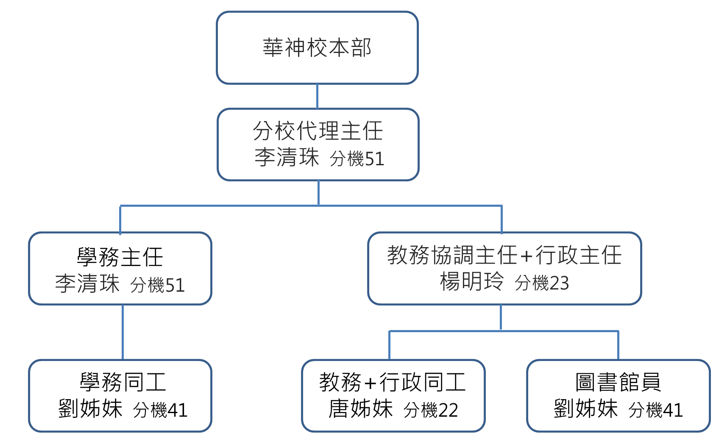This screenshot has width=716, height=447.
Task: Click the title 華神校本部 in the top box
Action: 317,47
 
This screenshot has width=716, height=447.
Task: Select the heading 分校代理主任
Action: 318,130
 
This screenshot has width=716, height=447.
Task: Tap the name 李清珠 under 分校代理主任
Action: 287,157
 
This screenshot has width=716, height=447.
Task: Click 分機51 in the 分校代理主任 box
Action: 357,159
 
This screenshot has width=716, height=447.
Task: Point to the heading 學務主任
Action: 120,257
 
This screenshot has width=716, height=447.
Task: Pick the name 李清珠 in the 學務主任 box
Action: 87,283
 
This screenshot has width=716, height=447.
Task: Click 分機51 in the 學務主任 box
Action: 157,285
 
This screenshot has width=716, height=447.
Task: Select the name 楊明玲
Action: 472,281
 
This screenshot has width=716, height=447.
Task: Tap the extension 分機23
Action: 542,283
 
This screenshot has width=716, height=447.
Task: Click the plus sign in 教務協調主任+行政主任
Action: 527,256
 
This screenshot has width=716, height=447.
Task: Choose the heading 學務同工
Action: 123,382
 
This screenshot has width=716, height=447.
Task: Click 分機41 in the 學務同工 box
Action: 160,410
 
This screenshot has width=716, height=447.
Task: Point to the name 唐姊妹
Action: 361,408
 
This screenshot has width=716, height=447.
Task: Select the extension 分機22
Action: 431,410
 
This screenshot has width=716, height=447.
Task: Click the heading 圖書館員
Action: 618,382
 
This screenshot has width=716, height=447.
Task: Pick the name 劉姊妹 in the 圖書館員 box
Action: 585,408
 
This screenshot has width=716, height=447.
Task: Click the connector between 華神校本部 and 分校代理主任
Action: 317,96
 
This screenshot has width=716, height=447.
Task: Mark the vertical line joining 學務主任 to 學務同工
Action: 123,332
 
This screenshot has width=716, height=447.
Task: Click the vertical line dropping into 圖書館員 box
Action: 618,345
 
